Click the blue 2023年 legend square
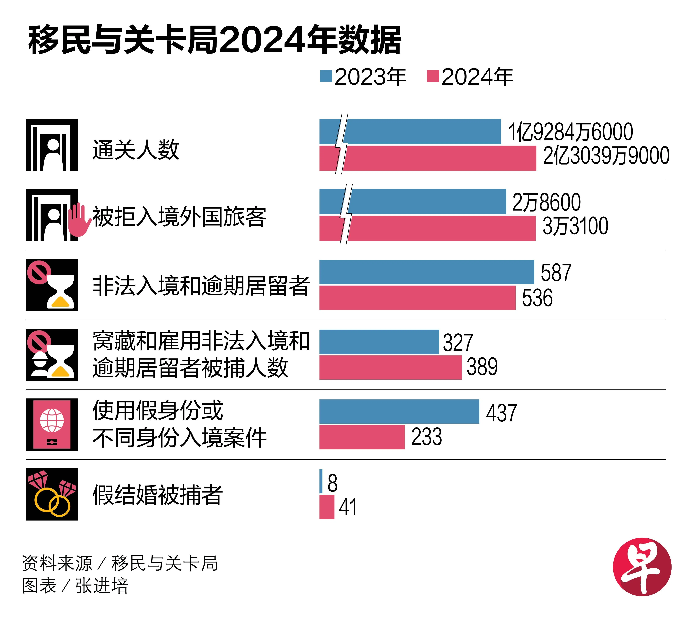pos(326,76)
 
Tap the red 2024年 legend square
pos(433,76)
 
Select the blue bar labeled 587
pos(427,272)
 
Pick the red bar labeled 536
pos(417,298)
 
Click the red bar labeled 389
pos(391,367)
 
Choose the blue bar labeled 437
pos(399,411)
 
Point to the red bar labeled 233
pos(362,437)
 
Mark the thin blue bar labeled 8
pos(321,481)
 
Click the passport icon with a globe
pos(52,424)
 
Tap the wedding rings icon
pos(52,495)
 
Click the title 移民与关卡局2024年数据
pos(215,41)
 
